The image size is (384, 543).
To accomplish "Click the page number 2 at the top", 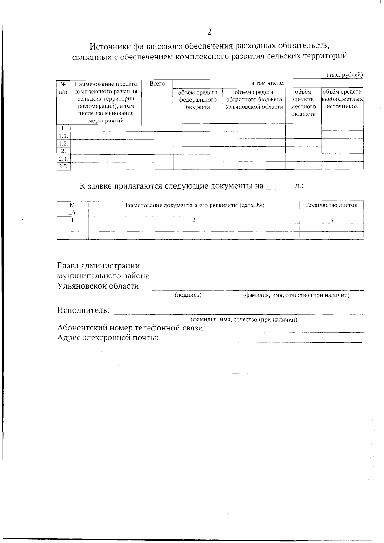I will coord(209,32).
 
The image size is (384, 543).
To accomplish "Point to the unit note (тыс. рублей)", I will coord(344,75).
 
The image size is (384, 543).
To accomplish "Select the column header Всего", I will coord(157,84).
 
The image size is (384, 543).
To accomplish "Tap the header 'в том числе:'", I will coord(268,83).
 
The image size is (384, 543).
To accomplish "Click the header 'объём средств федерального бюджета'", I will coord(198,100).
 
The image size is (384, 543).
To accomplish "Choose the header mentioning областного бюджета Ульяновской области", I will coord(254,100).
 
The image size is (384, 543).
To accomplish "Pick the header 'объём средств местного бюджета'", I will coord(303,103).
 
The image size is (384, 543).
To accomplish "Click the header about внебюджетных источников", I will coord(342,99).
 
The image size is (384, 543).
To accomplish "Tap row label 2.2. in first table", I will coord(64,166).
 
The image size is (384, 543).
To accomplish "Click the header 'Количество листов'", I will coord(331,205).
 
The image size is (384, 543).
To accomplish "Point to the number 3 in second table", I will coord(332,220).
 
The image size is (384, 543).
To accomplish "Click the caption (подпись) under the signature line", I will coord(188,295).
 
